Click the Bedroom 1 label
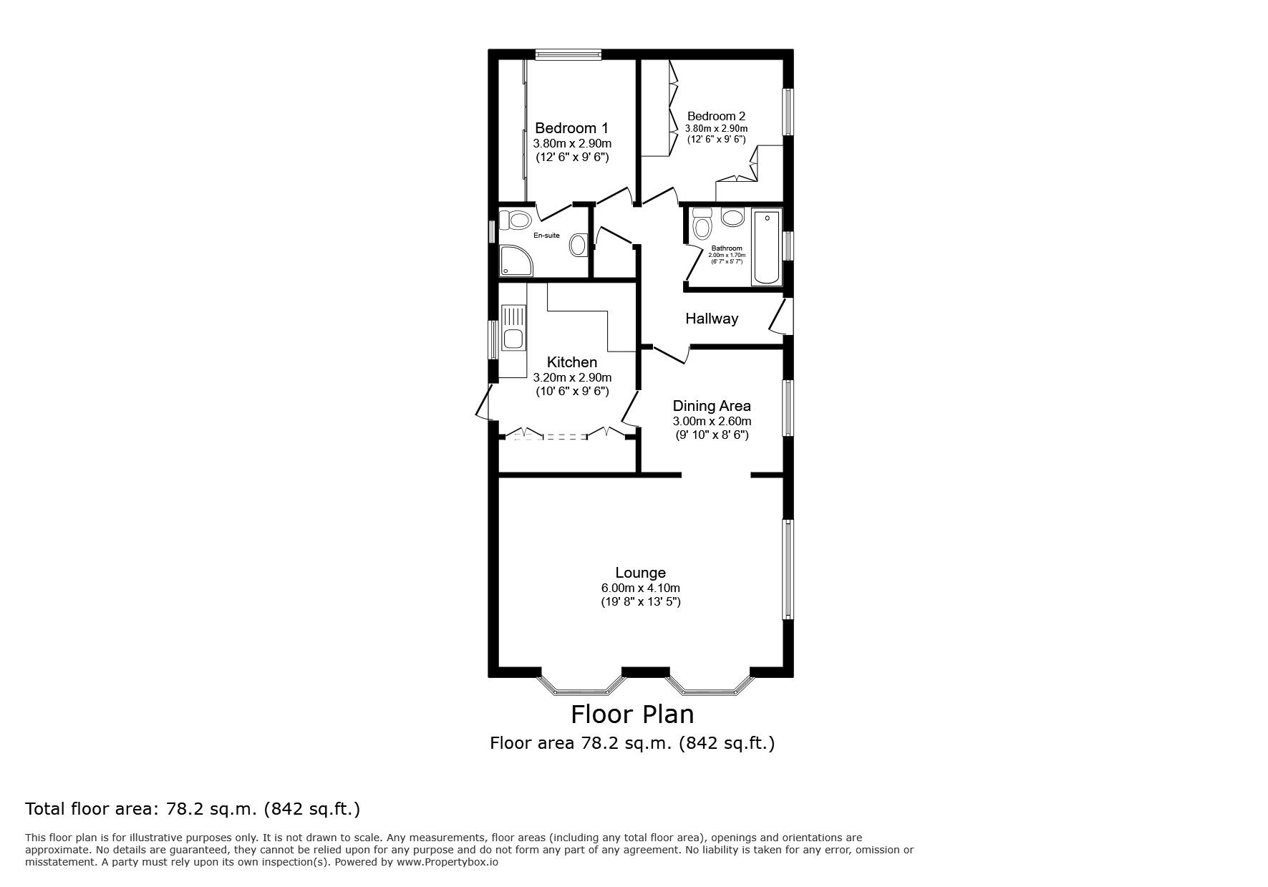coord(571,128)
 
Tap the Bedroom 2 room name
coord(716,116)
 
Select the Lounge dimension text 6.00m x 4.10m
coord(640,588)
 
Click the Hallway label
coord(711,319)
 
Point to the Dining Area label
coord(711,406)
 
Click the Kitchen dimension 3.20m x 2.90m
coord(572,377)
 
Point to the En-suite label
coord(546,236)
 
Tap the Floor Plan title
coord(632,714)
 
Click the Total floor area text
coord(193,810)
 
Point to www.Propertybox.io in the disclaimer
coord(447,862)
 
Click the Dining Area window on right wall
coord(788,407)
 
